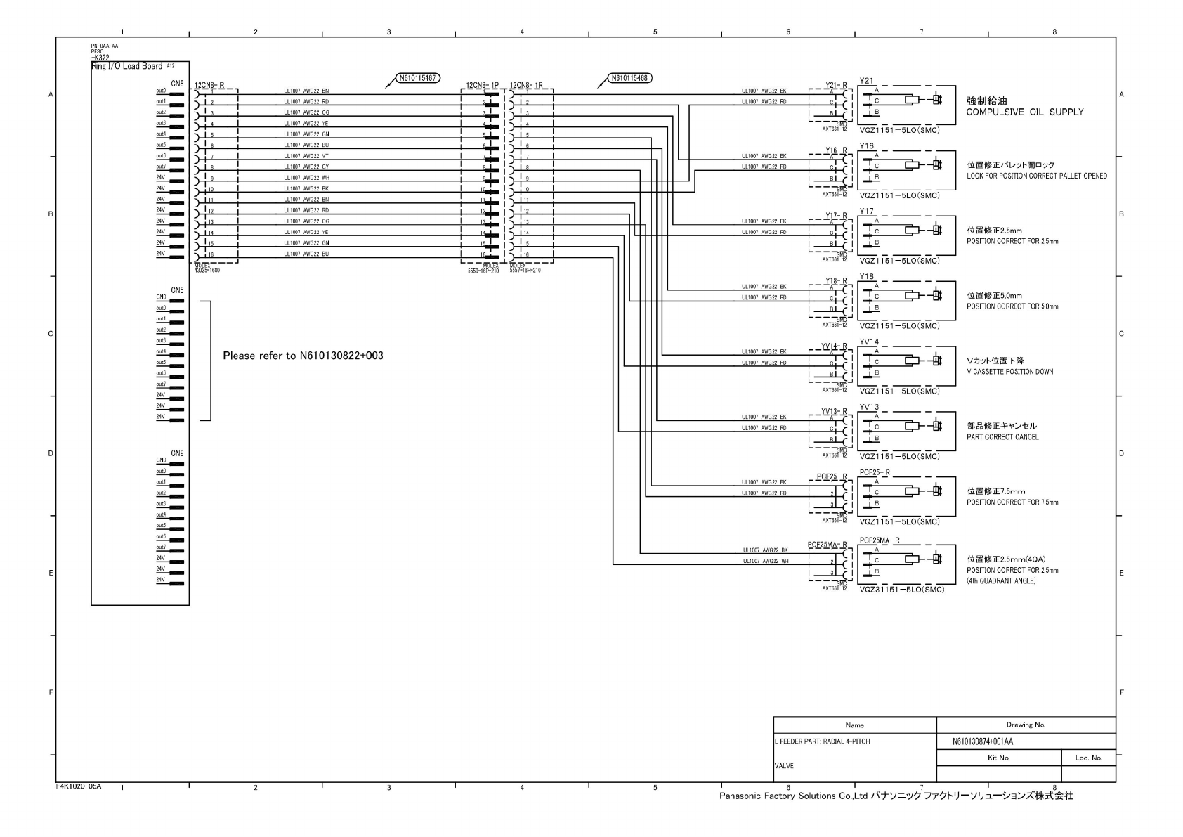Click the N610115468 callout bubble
click(629, 78)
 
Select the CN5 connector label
click(177, 290)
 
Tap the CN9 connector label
click(177, 453)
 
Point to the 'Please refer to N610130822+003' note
click(303, 356)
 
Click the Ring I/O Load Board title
click(127, 66)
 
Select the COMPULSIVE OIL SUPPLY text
click(1024, 112)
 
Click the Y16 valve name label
click(867, 146)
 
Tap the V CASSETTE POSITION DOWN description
click(1009, 372)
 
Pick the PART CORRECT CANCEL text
click(1002, 437)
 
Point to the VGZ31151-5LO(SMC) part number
click(901, 590)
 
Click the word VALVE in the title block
click(784, 765)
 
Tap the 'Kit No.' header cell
click(998, 758)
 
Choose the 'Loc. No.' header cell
click(1088, 758)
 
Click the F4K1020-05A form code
click(79, 786)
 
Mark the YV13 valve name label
click(869, 407)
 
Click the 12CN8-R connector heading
click(209, 86)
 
